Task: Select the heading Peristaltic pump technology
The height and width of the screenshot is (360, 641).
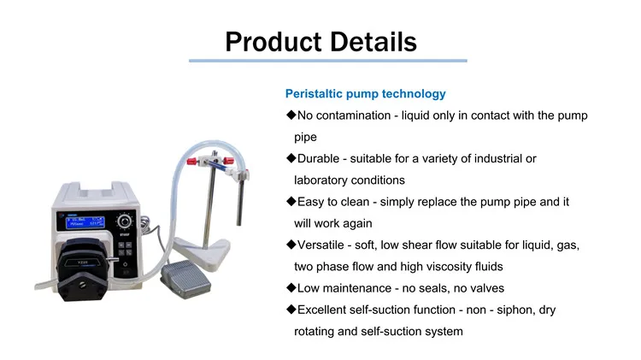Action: pyautogui.click(x=365, y=93)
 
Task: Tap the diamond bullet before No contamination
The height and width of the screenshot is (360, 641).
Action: pyautogui.click(x=291, y=115)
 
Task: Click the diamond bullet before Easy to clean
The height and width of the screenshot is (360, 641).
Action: pyautogui.click(x=291, y=202)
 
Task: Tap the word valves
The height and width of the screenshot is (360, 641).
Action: pyautogui.click(x=485, y=288)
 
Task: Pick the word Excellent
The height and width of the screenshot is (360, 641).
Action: pyautogui.click(x=326, y=310)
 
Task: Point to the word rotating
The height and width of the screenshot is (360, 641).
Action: pyautogui.click(x=309, y=332)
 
